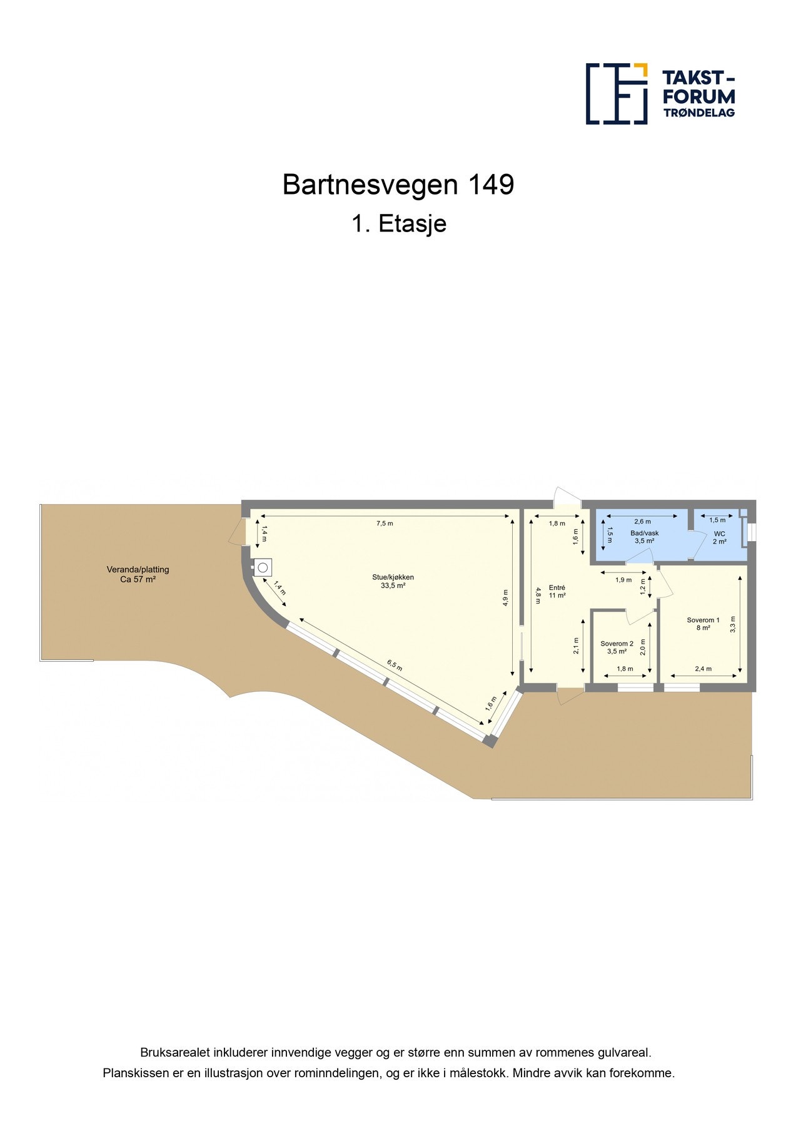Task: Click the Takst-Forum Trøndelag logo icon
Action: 617,94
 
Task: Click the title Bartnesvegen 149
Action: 398,185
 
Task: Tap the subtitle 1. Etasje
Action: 398,223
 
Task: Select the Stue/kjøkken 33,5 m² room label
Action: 393,582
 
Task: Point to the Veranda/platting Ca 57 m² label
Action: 138,574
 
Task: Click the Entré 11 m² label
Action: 557,592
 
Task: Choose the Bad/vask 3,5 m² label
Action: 644,537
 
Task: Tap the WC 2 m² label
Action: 719,538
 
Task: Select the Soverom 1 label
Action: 703,624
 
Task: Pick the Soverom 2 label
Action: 617,647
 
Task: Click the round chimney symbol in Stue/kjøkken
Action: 263,567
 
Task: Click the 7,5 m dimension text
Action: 385,524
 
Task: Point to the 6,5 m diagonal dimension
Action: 395,665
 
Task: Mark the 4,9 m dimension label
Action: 506,598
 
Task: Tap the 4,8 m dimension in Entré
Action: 537,594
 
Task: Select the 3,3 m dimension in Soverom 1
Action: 733,624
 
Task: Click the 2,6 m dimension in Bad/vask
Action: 642,521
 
